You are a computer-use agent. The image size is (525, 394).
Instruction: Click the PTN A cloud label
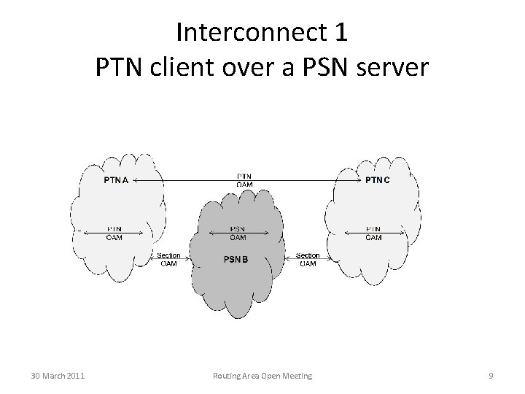[116, 179]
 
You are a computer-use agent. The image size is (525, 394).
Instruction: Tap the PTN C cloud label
[377, 179]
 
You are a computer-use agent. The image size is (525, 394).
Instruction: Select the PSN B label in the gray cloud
[236, 260]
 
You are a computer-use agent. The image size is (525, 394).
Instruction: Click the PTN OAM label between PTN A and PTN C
[245, 180]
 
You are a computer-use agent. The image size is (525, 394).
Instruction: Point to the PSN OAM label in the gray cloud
[237, 233]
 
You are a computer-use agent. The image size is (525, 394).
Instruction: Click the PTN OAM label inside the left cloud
[114, 233]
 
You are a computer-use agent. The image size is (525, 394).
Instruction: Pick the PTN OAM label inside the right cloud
[373, 233]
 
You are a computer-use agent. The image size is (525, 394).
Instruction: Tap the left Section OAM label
[168, 259]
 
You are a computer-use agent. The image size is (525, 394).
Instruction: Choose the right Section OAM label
[308, 259]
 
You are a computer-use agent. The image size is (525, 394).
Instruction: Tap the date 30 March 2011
[58, 376]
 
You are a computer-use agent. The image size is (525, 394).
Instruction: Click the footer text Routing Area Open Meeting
[262, 376]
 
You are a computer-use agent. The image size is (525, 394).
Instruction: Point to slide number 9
[491, 376]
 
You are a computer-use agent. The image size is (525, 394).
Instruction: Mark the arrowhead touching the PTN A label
[136, 179]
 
